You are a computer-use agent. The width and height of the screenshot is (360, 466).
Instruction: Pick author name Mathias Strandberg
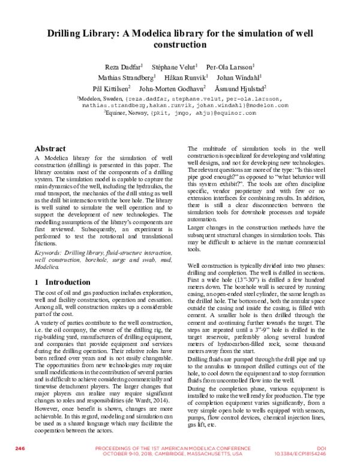click(127, 77)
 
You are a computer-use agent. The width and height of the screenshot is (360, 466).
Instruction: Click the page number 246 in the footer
click(20, 449)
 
